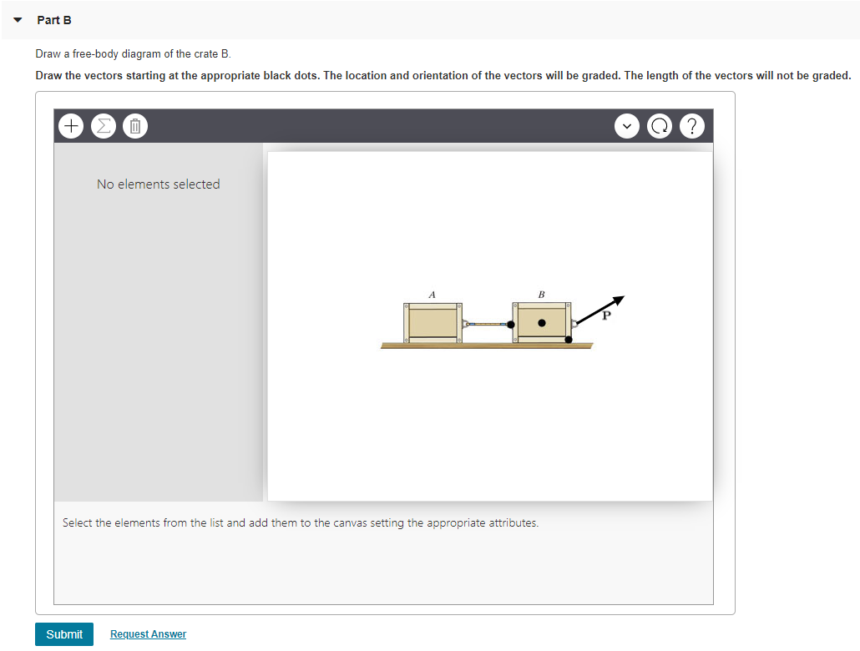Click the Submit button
click(64, 634)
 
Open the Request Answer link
click(148, 634)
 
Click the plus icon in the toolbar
click(72, 127)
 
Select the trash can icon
click(134, 127)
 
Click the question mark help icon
click(693, 127)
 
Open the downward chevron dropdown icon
click(626, 127)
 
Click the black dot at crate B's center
click(542, 322)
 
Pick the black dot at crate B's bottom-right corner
click(569, 339)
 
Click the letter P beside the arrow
click(607, 316)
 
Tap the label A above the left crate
click(432, 294)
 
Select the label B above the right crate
click(541, 294)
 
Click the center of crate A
click(432, 322)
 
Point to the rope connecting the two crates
click(487, 323)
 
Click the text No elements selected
click(158, 184)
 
